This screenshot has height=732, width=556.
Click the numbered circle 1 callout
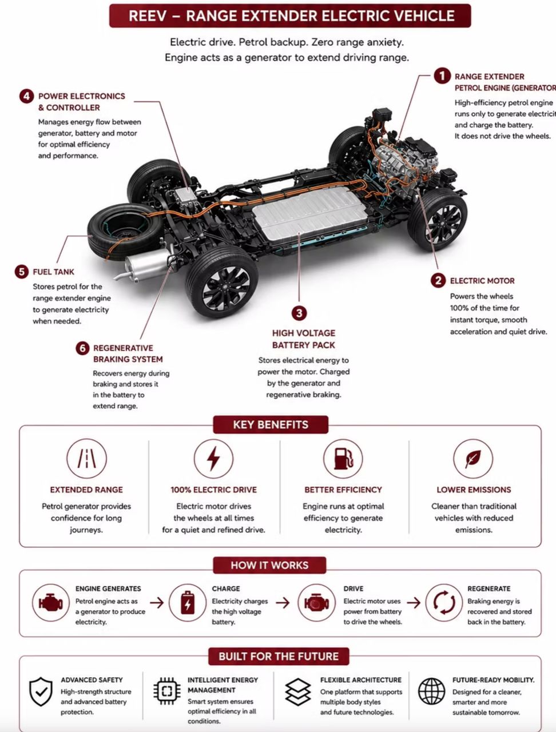442,76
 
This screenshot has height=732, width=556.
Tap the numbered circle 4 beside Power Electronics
26,97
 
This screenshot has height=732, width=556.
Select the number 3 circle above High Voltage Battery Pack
299,313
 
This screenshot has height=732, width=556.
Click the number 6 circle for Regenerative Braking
82,348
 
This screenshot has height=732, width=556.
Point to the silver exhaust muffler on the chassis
147,266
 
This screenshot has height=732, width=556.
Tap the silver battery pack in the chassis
310,213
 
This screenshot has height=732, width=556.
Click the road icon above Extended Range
87,459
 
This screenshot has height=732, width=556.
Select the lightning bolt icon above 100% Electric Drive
213,459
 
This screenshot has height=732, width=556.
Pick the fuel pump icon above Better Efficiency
343,459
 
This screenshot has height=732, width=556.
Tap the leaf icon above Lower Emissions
473,459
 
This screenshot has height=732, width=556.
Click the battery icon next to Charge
188,603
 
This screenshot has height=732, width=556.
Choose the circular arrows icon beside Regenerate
444,603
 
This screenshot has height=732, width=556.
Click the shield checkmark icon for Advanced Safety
41,691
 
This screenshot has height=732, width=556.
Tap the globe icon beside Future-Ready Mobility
432,691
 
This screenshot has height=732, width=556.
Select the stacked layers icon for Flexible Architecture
298,691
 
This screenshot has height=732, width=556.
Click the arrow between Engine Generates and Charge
157,603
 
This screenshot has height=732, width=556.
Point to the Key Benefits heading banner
271,424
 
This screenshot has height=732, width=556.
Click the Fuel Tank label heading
53,272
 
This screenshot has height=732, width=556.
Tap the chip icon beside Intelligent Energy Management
167,691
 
